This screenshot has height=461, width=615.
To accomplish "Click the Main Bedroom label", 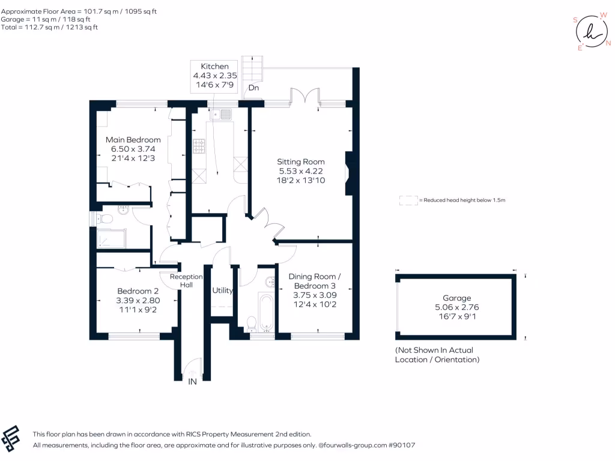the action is (x=133, y=140).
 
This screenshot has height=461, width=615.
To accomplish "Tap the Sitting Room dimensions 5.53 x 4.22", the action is (x=301, y=171).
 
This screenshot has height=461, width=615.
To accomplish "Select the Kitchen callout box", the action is (x=214, y=76).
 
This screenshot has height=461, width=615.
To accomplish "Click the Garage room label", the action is (x=456, y=298).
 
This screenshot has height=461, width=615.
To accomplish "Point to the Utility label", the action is (x=222, y=291).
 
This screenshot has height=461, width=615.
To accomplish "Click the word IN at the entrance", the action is (x=192, y=381).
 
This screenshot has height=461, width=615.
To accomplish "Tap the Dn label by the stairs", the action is (x=254, y=88).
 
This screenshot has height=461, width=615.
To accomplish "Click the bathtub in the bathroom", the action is (x=266, y=312).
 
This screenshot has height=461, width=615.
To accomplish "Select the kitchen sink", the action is (x=221, y=115).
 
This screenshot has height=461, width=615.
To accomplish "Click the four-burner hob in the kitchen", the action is (x=199, y=146).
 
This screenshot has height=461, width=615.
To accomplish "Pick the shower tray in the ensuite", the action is (x=111, y=238).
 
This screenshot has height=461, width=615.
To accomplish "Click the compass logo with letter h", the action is (x=592, y=32).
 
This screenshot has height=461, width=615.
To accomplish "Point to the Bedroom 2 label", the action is (x=138, y=291).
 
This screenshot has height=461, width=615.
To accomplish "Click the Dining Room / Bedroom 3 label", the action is (x=315, y=281).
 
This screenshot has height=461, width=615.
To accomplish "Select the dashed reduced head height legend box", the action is (x=408, y=200).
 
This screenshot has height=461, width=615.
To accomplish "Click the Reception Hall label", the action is (x=186, y=281).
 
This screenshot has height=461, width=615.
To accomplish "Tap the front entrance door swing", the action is (x=192, y=369).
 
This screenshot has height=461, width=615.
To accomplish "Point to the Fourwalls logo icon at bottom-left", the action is (x=11, y=439).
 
